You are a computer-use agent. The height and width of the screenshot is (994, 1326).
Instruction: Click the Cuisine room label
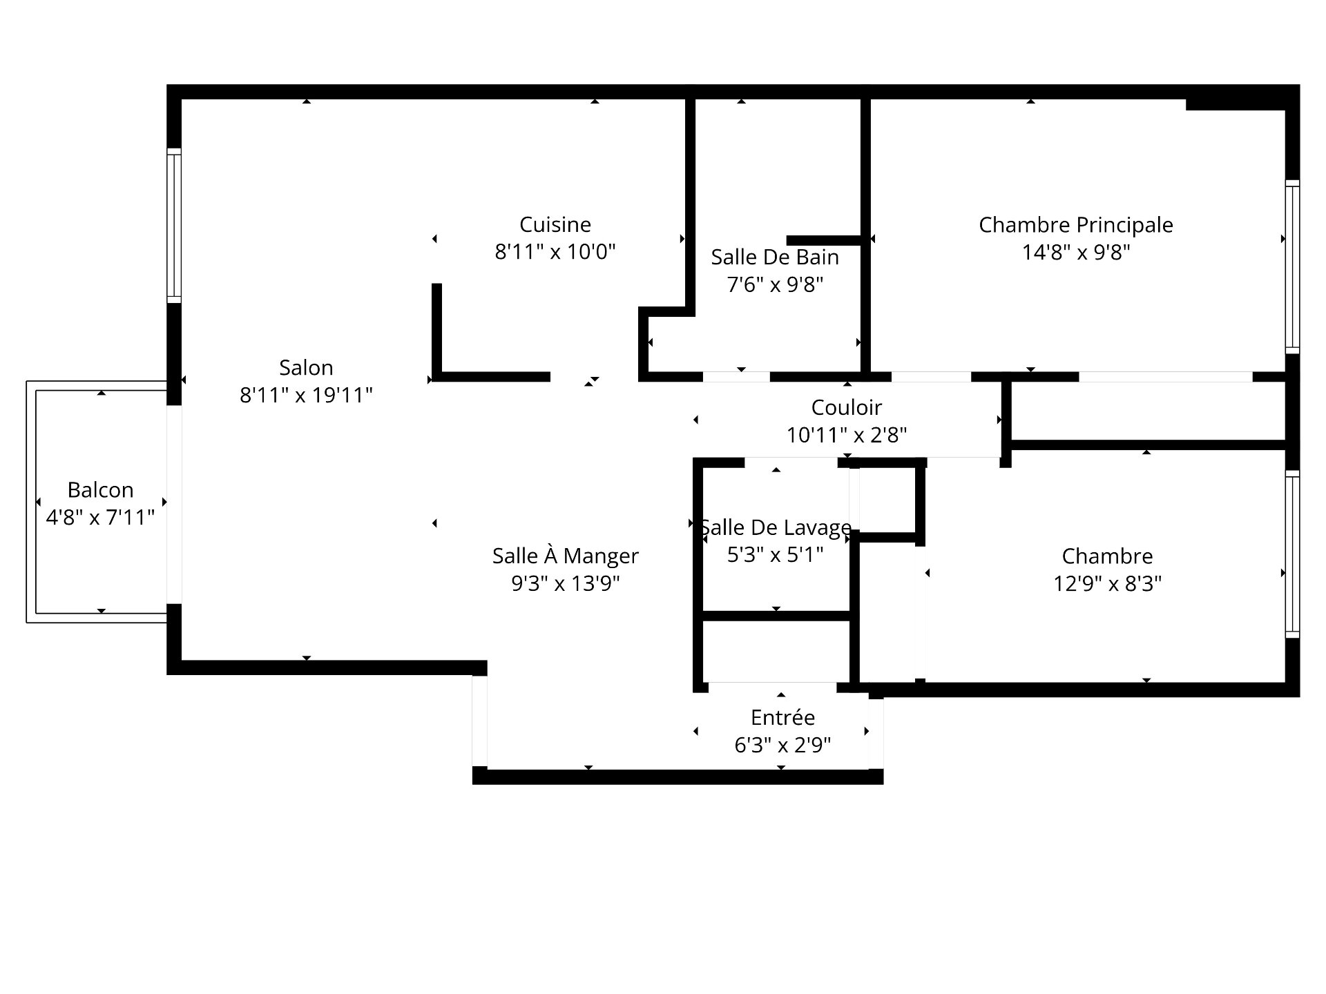[x=555, y=225]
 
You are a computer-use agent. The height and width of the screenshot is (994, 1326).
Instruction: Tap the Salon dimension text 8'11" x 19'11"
[x=306, y=396]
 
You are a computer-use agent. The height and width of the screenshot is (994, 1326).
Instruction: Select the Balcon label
[x=100, y=490]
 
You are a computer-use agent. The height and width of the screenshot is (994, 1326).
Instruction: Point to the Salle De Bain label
[x=775, y=257]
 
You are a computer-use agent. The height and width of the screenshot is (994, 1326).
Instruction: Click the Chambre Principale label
[x=1076, y=225]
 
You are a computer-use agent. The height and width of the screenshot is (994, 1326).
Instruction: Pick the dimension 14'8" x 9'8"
[x=1076, y=253]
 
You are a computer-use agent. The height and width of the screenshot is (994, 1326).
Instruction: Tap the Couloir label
[x=847, y=408]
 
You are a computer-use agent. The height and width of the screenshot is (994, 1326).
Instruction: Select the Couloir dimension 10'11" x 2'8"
[x=847, y=436]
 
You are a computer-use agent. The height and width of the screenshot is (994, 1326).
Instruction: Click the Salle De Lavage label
[x=776, y=528]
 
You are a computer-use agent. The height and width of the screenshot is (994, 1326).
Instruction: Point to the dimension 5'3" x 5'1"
[x=775, y=555]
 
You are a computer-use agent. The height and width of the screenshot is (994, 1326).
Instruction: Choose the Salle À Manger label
[x=566, y=556]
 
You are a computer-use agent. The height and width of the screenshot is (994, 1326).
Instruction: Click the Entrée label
[x=782, y=718]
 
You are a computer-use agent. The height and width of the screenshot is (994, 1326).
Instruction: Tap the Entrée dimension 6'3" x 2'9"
[x=782, y=745]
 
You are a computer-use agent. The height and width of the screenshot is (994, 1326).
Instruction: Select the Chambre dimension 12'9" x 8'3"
[x=1107, y=584]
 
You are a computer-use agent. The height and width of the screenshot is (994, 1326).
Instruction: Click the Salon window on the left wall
[x=174, y=226]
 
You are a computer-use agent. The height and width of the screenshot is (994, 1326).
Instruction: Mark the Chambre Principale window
[x=1292, y=267]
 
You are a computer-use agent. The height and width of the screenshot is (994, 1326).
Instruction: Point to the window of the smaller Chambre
[x=1292, y=554]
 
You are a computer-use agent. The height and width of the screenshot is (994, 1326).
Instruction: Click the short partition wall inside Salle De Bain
[x=824, y=240]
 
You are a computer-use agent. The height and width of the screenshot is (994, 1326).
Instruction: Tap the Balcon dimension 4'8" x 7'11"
[x=100, y=518]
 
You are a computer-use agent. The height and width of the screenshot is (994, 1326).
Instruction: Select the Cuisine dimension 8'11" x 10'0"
[x=555, y=252]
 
